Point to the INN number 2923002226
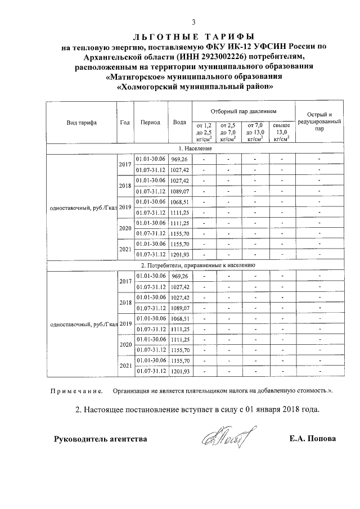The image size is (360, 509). tap(226, 57)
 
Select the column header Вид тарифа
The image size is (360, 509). tap(81, 122)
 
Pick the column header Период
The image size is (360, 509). tap(150, 122)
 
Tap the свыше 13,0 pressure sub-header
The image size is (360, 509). tap(281, 132)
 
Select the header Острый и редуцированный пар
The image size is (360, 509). tap(319, 121)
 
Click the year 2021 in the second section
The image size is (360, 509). tap(125, 366)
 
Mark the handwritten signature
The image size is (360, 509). tap(225, 436)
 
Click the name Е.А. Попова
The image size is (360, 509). tap(311, 439)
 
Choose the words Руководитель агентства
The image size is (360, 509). tap(101, 439)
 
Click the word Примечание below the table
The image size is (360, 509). tap(76, 390)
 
